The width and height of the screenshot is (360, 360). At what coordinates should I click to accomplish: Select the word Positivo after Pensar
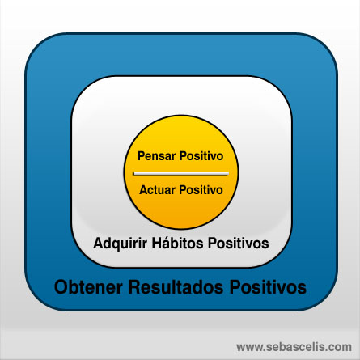click(201, 156)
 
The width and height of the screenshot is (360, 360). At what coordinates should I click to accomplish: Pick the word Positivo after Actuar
click(201, 190)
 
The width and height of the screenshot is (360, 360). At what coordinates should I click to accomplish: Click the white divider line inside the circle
click(181, 173)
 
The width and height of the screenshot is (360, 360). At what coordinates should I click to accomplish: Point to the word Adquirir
click(121, 244)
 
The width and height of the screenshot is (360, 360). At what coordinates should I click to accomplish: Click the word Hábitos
click(177, 243)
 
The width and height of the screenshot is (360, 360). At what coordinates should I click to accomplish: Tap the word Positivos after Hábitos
click(238, 243)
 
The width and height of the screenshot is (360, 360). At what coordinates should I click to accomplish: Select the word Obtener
click(88, 286)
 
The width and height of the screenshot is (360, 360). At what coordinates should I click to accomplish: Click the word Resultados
click(176, 286)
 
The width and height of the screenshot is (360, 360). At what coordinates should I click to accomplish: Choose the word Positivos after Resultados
click(268, 286)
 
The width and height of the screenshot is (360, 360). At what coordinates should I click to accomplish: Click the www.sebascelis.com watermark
click(294, 347)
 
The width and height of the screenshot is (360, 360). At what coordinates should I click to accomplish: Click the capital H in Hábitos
click(156, 243)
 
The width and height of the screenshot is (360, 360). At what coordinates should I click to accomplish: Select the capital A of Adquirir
click(98, 243)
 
